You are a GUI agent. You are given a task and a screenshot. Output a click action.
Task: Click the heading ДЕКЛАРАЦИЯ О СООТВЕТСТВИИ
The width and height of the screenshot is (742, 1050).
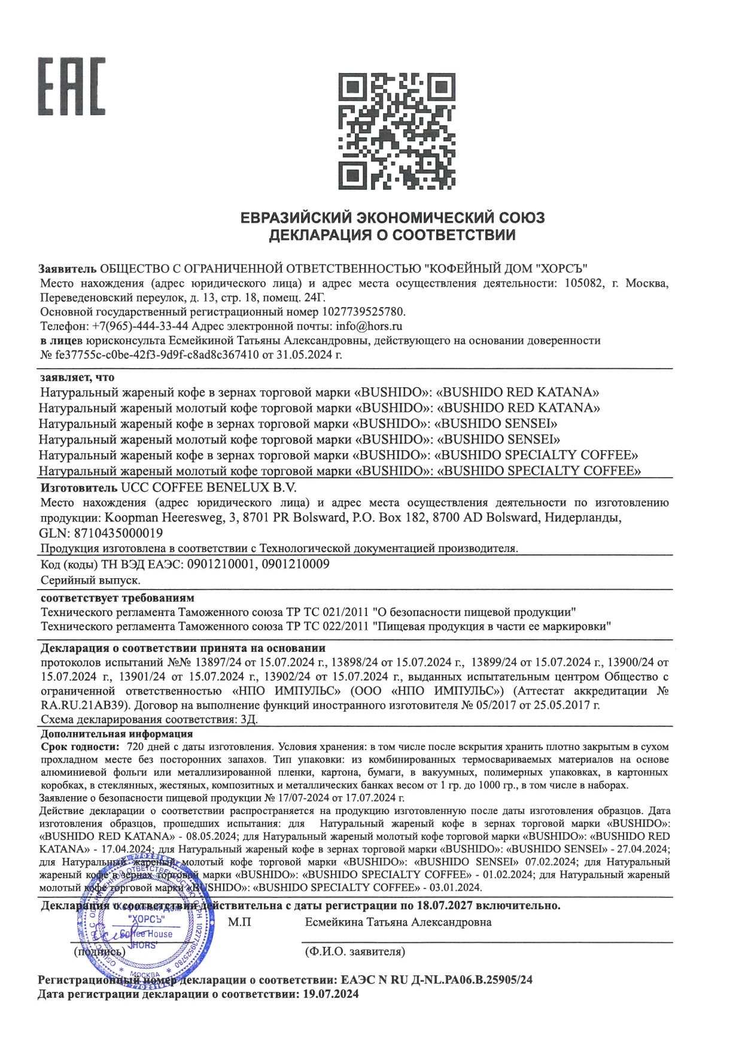[392, 235]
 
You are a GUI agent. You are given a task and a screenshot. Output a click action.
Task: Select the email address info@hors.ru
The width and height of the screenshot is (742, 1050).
[369, 326]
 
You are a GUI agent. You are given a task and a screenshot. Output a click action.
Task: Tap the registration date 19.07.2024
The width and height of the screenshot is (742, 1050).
[329, 994]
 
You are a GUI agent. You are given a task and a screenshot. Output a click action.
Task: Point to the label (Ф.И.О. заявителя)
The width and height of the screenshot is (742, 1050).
[354, 951]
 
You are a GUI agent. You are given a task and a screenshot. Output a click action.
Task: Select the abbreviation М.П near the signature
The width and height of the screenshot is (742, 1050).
[240, 922]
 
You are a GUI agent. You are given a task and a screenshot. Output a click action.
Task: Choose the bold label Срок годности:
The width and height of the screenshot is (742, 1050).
[78, 747]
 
